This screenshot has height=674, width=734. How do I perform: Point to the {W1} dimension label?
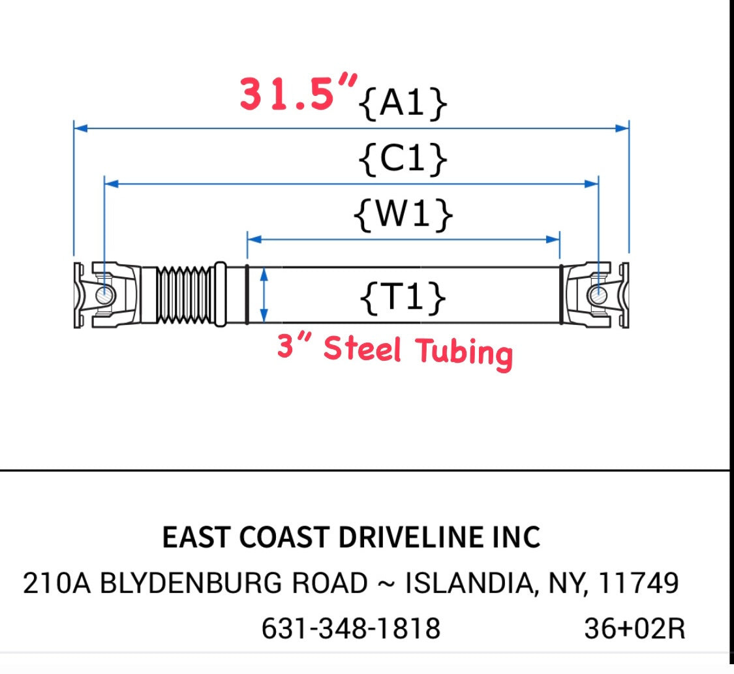pyautogui.click(x=403, y=215)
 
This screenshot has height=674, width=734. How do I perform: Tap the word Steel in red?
pyautogui.click(x=362, y=348)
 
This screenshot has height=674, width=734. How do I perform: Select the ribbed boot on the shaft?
pyautogui.click(x=185, y=296)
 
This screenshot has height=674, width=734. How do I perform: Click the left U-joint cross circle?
pyautogui.click(x=105, y=296)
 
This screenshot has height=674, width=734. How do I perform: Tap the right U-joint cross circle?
pyautogui.click(x=598, y=296)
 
